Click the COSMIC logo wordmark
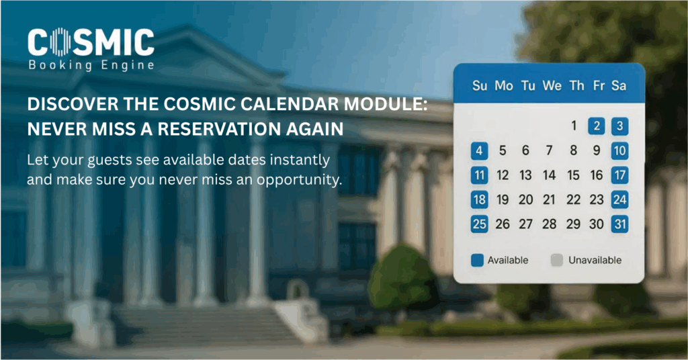coord(91,42)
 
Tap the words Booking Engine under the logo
coord(91,65)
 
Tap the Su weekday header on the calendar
coord(480,86)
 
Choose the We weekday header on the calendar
coord(552,86)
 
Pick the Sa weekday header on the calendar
coord(619,86)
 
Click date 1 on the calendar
coord(574,126)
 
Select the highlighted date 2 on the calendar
coord(597,126)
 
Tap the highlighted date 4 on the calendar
coord(479,150)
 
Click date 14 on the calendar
coord(550,175)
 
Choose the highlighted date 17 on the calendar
coord(620,175)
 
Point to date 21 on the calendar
coord(550,199)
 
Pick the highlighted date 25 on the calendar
coord(479,224)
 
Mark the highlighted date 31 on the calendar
coord(620,224)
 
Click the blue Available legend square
coord(478,260)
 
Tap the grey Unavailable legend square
coord(556,260)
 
